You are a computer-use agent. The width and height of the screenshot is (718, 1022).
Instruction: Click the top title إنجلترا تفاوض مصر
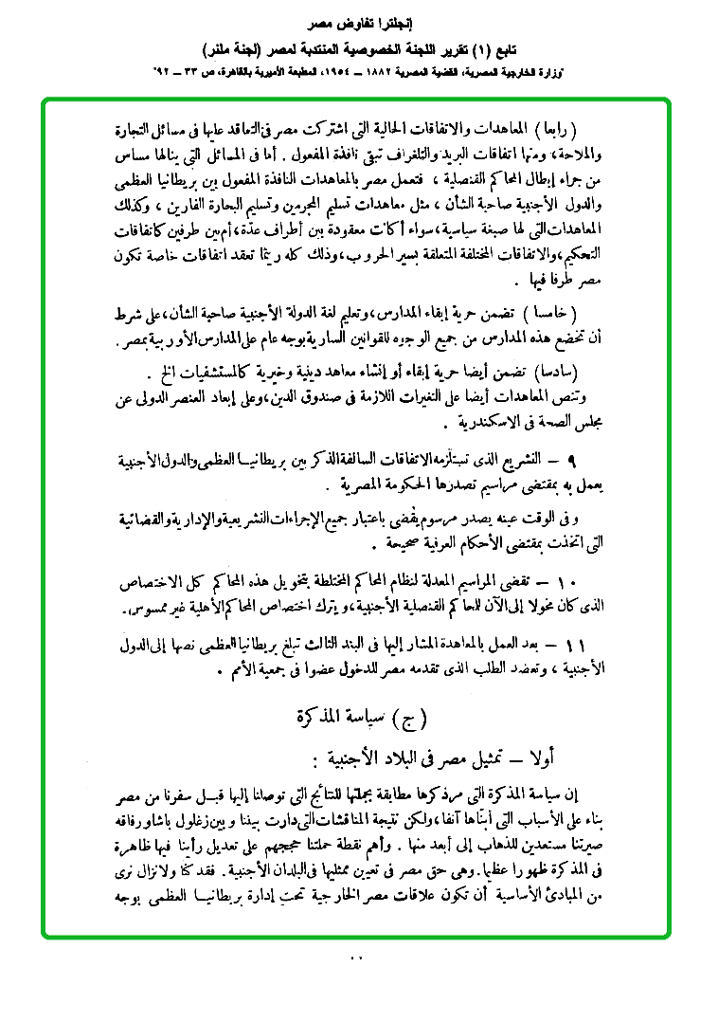(x=359, y=19)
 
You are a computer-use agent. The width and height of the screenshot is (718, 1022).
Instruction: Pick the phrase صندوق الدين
(x=351, y=392)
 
